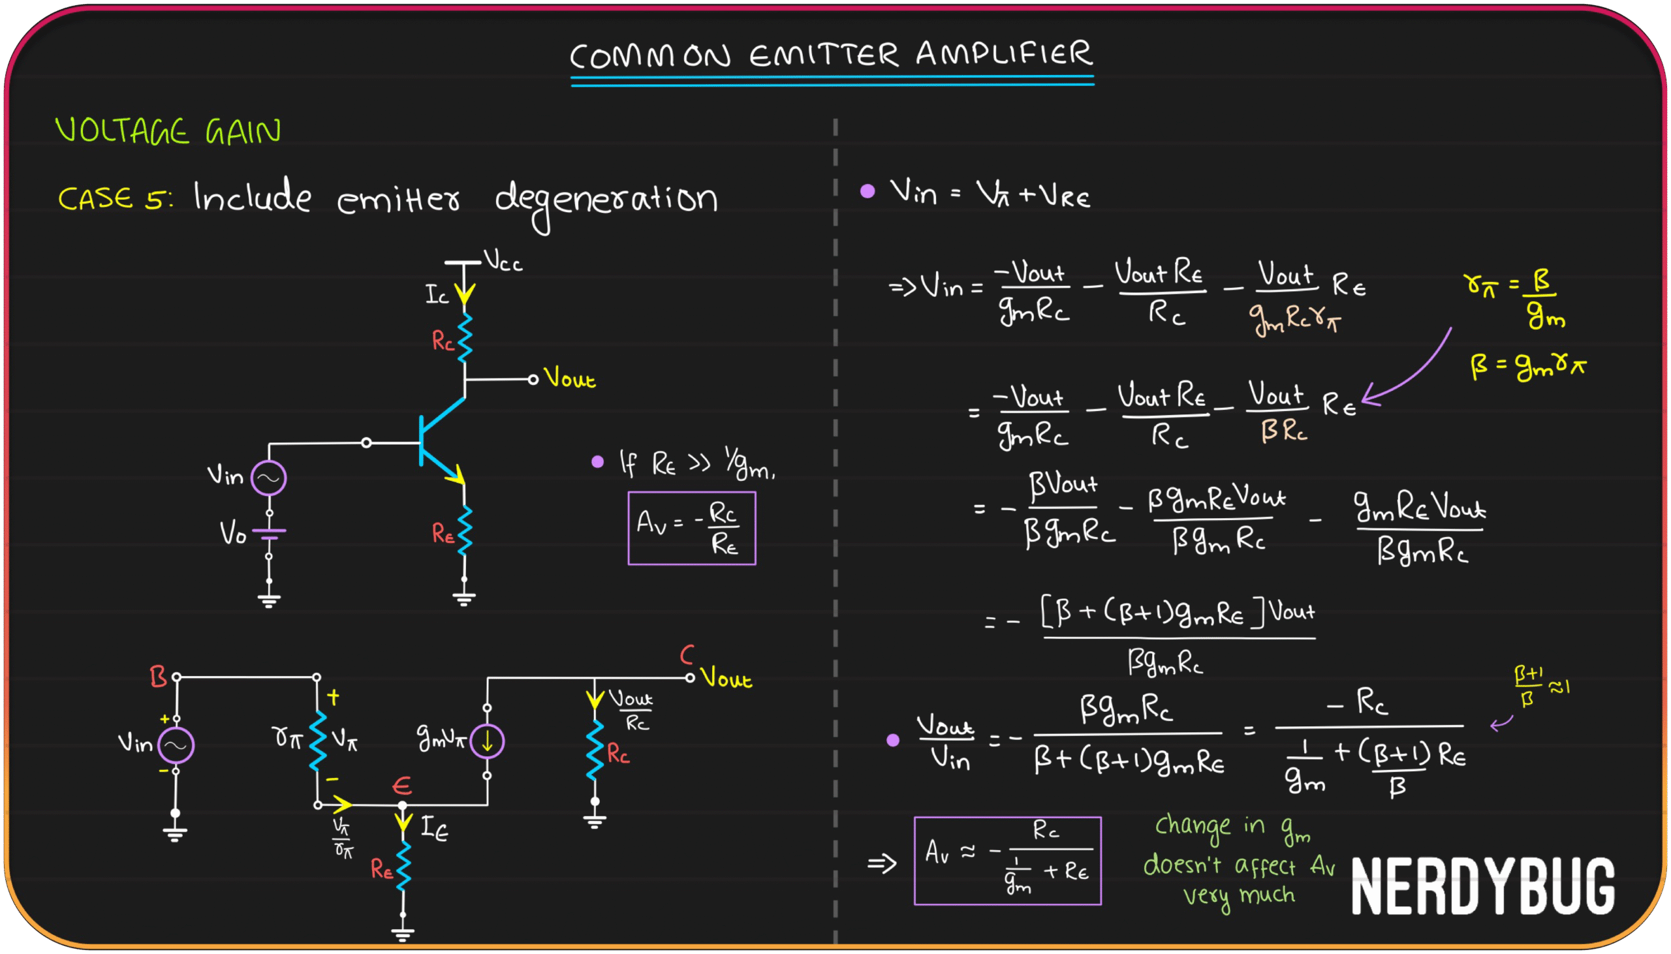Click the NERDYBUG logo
pyautogui.click(x=1482, y=887)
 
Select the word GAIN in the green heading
pyautogui.click(x=243, y=132)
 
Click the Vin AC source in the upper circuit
pyautogui.click(x=269, y=478)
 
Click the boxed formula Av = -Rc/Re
pyautogui.click(x=691, y=528)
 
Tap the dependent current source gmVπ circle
pyautogui.click(x=487, y=742)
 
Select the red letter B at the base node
pyautogui.click(x=158, y=677)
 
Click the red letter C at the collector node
pyautogui.click(x=686, y=654)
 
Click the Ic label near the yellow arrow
pyautogui.click(x=437, y=295)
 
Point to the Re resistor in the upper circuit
pyautogui.click(x=464, y=531)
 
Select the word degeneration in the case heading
pyautogui.click(x=606, y=200)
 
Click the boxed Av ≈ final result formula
pyautogui.click(x=1007, y=860)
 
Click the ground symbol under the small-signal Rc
pyautogui.click(x=595, y=820)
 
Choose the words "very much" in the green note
pyautogui.click(x=1238, y=896)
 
